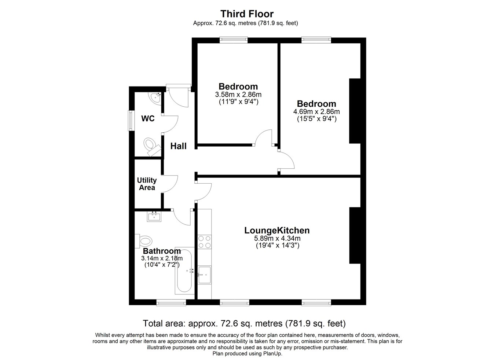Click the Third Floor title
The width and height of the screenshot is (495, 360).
247,14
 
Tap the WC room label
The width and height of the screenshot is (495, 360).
148,119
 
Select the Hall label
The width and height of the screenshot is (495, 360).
178,146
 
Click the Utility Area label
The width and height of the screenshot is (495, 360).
147,184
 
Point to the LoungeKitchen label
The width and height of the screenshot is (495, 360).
277,231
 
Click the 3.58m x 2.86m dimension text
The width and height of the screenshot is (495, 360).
238,95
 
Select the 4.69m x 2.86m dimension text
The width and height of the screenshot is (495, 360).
316,111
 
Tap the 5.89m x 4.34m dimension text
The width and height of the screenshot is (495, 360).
277,238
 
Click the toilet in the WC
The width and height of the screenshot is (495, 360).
151,146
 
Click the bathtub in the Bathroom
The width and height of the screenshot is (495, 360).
184,271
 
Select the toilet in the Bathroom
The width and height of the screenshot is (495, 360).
144,241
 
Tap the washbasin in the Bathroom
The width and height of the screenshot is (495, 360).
154,216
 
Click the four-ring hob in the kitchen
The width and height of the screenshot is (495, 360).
204,242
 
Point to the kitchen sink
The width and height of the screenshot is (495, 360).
204,275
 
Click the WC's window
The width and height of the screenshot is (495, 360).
132,121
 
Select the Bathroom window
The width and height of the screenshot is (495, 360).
171,302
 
